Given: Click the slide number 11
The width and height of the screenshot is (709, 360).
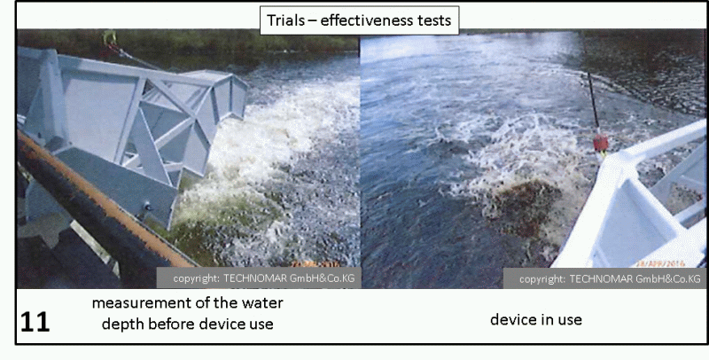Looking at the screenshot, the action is (x=35, y=322).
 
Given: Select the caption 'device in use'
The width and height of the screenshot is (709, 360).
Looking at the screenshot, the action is (x=536, y=320).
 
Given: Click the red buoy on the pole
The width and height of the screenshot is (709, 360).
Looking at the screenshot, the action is (x=601, y=143).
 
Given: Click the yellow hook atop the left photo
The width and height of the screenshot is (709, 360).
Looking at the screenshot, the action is (x=108, y=37).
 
